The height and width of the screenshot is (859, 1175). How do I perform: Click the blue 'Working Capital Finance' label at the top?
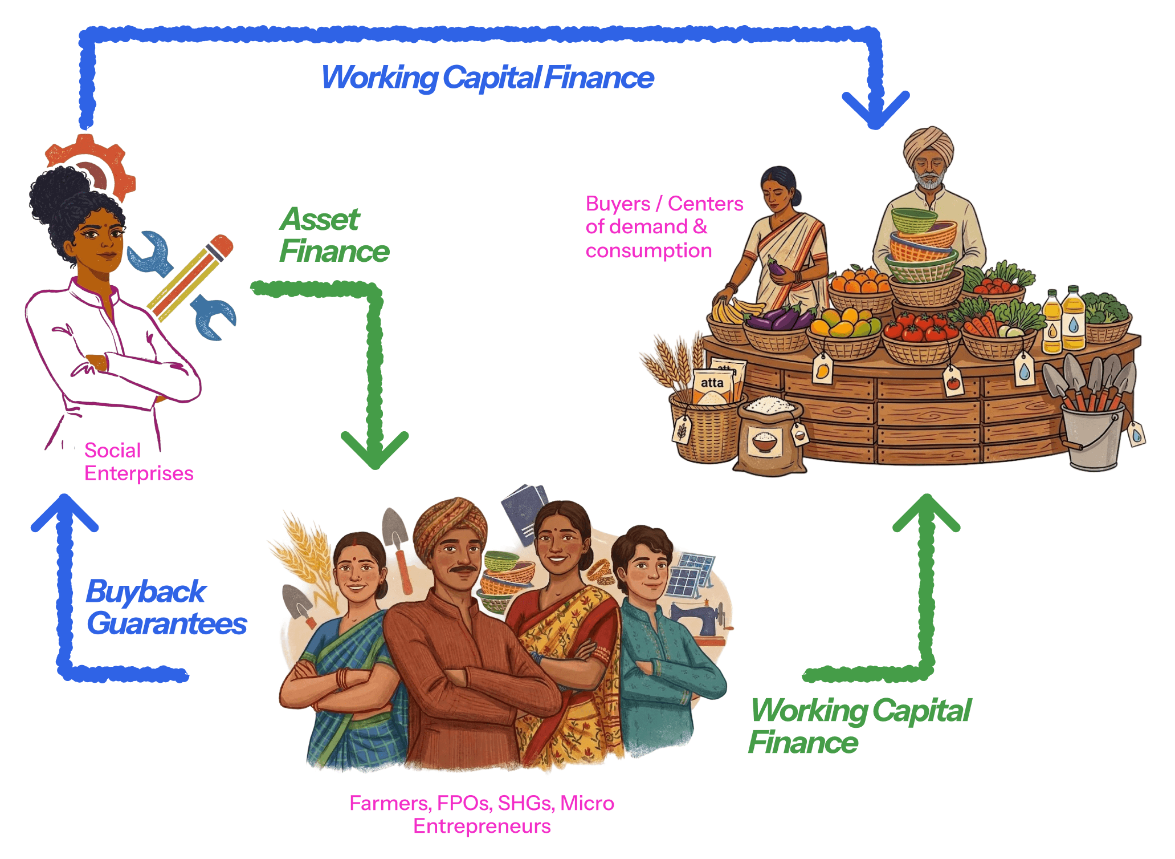tap(487, 78)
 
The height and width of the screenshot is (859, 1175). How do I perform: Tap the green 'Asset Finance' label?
tap(333, 235)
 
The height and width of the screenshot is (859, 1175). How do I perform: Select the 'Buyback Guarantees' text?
tap(166, 607)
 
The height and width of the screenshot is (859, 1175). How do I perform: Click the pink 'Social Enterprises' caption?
tap(138, 462)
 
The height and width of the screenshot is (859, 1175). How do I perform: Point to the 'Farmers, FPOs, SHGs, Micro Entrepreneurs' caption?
tap(482, 814)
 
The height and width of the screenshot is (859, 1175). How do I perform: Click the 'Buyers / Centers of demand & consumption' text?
tap(664, 227)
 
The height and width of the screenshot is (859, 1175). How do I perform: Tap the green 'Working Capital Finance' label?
tap(859, 726)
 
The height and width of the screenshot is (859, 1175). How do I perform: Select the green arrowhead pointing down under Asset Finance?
tap(374, 451)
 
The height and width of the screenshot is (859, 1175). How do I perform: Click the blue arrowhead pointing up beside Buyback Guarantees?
tap(64, 512)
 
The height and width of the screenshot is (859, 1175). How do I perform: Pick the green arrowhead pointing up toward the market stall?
tap(926, 512)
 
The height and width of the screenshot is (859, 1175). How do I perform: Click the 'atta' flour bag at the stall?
tap(712, 385)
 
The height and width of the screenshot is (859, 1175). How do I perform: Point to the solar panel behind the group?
tap(690, 576)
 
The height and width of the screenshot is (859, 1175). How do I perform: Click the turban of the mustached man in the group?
tap(450, 522)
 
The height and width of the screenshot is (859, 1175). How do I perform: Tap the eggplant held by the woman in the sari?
tap(776, 266)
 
